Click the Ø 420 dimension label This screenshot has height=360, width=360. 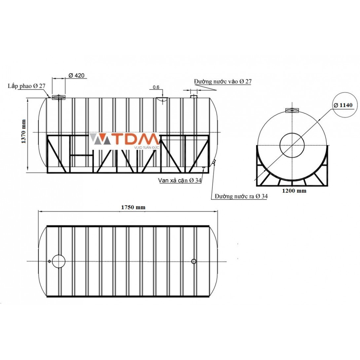click(76, 75)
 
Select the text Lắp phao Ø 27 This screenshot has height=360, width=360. click(27, 86)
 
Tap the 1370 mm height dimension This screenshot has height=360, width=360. click(24, 131)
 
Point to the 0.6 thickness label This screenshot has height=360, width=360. click(156, 87)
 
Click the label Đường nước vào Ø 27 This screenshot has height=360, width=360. click(223, 82)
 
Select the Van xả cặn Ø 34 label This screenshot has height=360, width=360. click(180, 180)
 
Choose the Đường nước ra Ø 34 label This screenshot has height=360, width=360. click(241, 196)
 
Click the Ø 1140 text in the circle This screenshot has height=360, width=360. click(343, 105)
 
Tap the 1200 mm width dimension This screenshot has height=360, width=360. click(294, 191)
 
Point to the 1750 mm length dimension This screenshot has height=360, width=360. click(133, 207)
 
